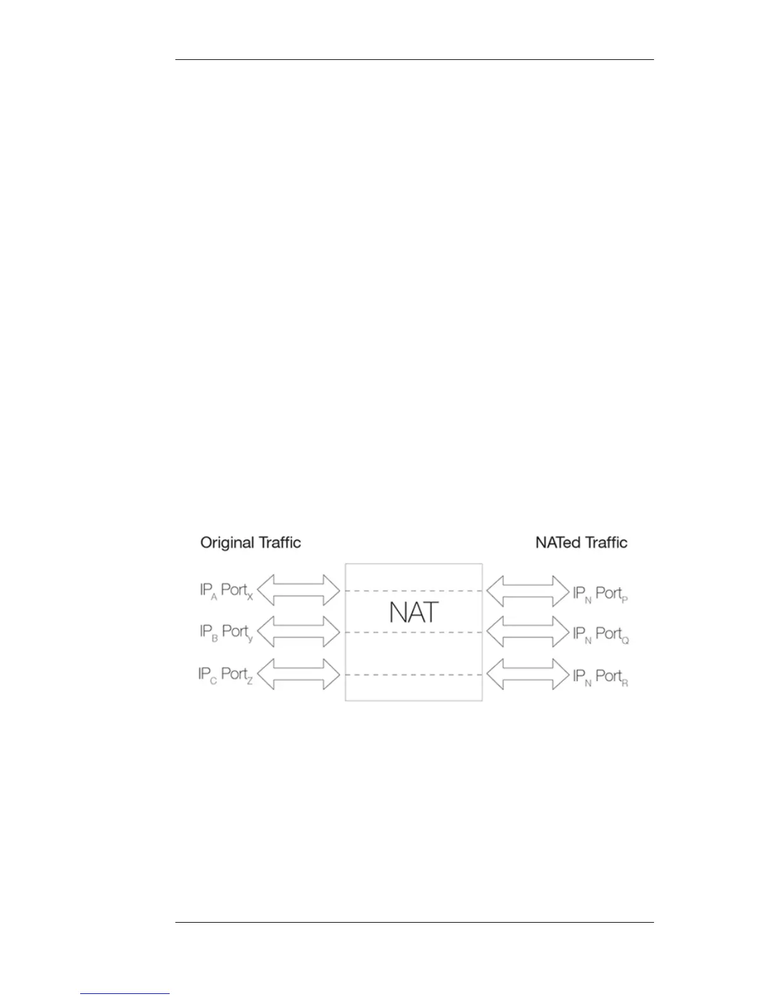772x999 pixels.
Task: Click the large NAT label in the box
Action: pyautogui.click(x=414, y=612)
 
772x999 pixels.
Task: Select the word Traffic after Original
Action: pyautogui.click(x=279, y=542)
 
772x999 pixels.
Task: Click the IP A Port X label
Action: pyautogui.click(x=226, y=592)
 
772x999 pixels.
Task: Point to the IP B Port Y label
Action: pyautogui.click(x=226, y=632)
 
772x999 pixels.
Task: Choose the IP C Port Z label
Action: pyautogui.click(x=225, y=675)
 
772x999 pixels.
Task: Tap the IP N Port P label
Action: pyautogui.click(x=600, y=594)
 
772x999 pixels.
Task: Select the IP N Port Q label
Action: pyautogui.click(x=600, y=634)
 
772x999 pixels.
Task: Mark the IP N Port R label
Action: pyautogui.click(x=600, y=677)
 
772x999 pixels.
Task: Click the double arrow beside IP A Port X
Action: pyautogui.click(x=299, y=591)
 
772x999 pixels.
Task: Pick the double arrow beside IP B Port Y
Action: pyautogui.click(x=299, y=631)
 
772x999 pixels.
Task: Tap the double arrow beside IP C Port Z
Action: pyautogui.click(x=299, y=674)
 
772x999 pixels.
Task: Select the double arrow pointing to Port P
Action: pyautogui.click(x=528, y=591)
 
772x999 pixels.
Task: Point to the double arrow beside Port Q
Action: pyautogui.click(x=528, y=631)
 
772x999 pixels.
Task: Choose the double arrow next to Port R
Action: pyautogui.click(x=528, y=674)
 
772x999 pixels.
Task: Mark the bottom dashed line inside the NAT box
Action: pyautogui.click(x=414, y=674)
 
